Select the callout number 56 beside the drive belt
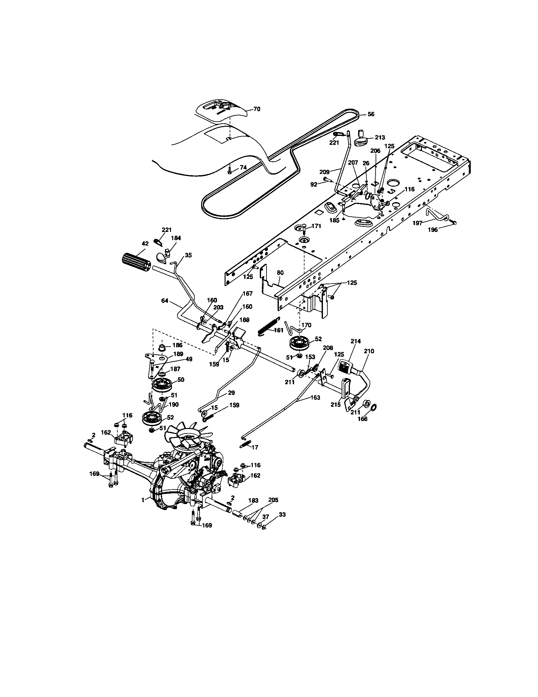[371, 114]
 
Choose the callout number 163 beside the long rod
[315, 398]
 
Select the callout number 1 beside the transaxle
[143, 500]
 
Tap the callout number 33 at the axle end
[282, 515]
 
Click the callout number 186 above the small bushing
[177, 345]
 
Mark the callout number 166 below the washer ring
[362, 419]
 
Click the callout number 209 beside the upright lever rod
[324, 172]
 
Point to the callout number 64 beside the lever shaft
[165, 301]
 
